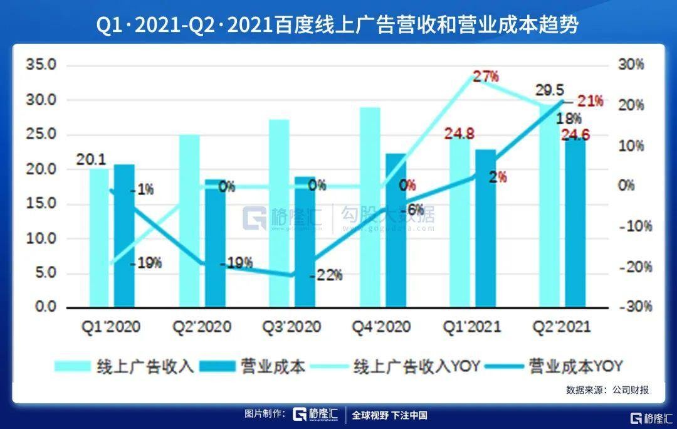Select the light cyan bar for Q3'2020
[x=280, y=213]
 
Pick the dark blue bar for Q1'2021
[x=486, y=228]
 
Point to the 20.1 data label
[x=91, y=159]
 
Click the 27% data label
[x=486, y=77]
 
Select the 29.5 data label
[x=546, y=90]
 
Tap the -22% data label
[x=327, y=275]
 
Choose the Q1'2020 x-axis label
[x=111, y=327]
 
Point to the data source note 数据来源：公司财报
[x=607, y=389]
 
